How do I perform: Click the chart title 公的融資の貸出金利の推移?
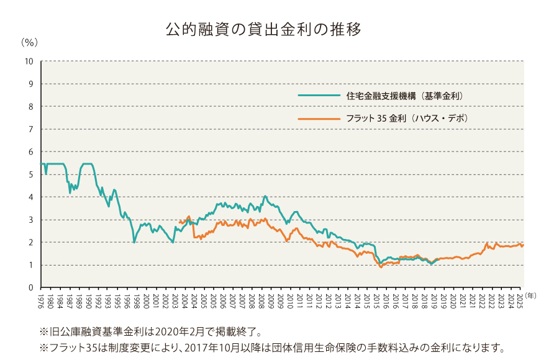[263, 29]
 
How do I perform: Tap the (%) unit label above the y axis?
[29, 43]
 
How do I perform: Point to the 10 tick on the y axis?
[29, 61]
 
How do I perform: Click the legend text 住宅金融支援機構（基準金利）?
[404, 96]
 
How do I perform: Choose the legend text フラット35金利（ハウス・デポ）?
[407, 118]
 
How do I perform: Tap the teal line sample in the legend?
[317, 96]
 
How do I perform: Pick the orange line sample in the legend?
[317, 118]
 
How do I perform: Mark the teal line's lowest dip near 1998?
[134, 242]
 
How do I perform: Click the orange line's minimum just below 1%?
[381, 267]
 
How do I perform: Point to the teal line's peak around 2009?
[265, 196]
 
